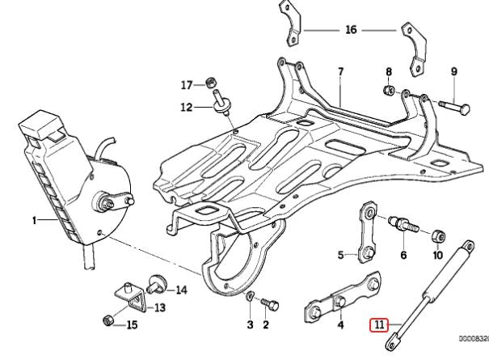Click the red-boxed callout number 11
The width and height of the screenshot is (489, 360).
click(379, 325)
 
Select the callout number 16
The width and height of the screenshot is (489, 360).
click(350, 30)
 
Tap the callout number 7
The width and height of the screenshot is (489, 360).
click(340, 71)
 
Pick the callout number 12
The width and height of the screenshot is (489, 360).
click(187, 106)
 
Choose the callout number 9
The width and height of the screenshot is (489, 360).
click(453, 71)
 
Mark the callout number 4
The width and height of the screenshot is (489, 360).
click(339, 325)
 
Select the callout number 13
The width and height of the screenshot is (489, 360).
click(159, 307)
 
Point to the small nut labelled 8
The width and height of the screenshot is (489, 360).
click(389, 89)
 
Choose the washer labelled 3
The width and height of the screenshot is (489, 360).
click(251, 296)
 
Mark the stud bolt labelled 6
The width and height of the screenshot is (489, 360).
click(401, 222)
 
